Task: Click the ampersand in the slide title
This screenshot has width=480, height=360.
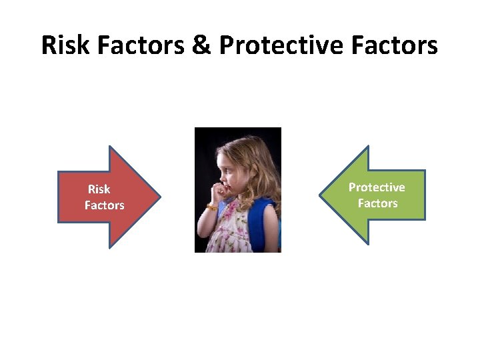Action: click(201, 45)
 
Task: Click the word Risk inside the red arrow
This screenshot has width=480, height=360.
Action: click(99, 190)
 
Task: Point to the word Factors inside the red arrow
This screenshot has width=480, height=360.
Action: click(104, 205)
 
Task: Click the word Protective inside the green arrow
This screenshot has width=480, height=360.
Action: click(377, 187)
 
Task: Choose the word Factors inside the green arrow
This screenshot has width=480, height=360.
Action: click(377, 203)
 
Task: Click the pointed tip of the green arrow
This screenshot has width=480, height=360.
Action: click(321, 196)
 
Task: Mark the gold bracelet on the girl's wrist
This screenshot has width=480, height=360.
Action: click(211, 207)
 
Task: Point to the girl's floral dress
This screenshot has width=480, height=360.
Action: click(233, 230)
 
